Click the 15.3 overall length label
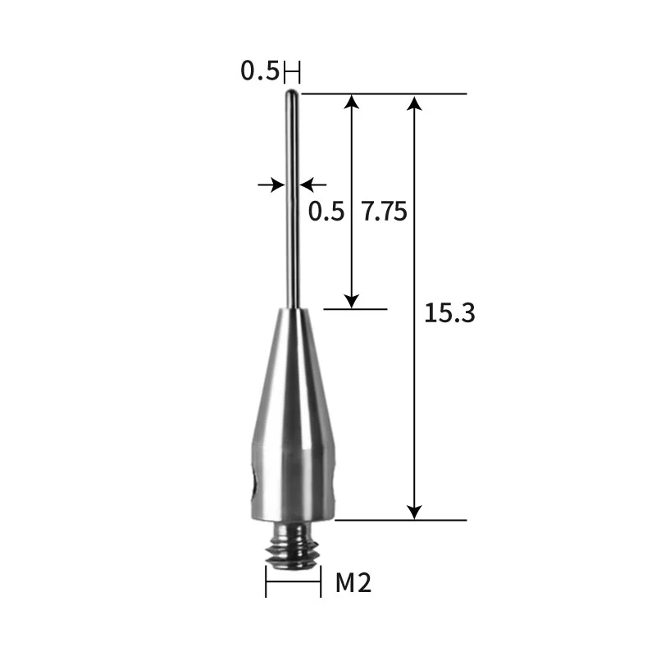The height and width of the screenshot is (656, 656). (449, 313)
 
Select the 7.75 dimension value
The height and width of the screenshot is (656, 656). (384, 212)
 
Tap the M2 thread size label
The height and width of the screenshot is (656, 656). (354, 584)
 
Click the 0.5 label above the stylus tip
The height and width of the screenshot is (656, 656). (258, 72)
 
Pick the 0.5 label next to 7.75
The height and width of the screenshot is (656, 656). (326, 212)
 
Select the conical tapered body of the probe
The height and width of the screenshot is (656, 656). (293, 377)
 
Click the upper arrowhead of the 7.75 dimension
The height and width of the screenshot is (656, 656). (352, 102)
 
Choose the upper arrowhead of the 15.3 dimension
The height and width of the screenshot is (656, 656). (416, 102)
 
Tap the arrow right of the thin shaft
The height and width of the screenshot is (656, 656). (312, 185)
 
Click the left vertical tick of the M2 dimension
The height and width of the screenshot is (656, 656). (266, 583)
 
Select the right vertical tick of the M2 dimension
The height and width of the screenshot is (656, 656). (320, 583)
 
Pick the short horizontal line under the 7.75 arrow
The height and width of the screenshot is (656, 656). (355, 309)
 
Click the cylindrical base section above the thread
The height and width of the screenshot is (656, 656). (293, 484)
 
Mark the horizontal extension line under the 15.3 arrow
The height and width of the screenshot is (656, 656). (402, 520)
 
